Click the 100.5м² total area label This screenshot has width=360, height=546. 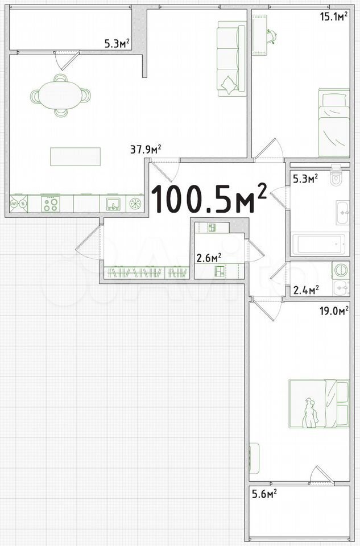click(209, 198)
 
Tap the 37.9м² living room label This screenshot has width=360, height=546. click(146, 150)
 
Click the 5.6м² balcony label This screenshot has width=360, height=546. click(264, 494)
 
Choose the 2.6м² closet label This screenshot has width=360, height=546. click(209, 258)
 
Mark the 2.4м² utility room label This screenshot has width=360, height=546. click(307, 290)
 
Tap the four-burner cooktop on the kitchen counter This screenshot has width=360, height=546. click(51, 204)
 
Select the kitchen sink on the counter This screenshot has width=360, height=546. click(113, 204)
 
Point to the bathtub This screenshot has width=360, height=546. click(318, 244)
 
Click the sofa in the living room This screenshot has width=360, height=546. click(231, 59)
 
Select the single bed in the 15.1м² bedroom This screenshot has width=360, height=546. click(334, 123)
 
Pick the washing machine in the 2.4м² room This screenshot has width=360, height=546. click(341, 270)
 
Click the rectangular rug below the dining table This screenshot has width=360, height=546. click(75, 157)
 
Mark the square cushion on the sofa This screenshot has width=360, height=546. click(229, 85)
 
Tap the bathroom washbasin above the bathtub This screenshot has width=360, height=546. click(342, 212)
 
